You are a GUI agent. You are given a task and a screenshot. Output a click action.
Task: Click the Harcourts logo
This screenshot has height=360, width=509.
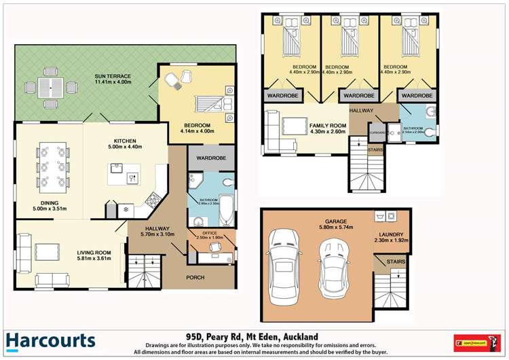tap(51, 341)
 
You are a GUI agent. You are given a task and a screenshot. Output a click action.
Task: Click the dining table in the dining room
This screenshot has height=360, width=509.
tap(51, 165)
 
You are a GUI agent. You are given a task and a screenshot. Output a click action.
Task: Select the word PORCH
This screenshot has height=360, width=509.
tap(195, 277)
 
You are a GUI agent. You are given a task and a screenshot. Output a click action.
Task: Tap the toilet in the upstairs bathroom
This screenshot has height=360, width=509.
tap(430, 131)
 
